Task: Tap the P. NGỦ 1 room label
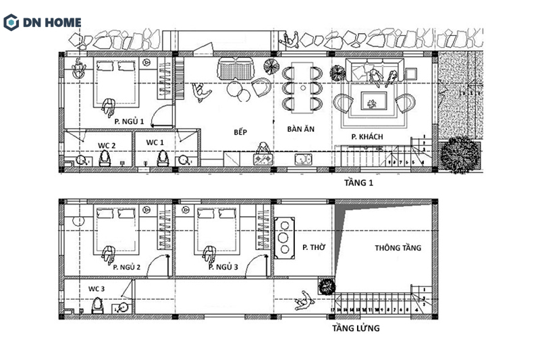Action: tap(129, 121)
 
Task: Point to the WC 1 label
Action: tap(155, 142)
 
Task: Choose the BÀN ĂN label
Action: tap(301, 128)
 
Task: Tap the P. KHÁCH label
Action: tap(367, 137)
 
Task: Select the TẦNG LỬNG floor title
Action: tap(356, 329)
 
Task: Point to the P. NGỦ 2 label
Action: tap(127, 267)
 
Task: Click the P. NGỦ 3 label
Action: tap(223, 267)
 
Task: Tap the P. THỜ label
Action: tap(314, 248)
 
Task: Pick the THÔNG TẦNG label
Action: tap(398, 248)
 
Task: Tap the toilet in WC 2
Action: tap(105, 158)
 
